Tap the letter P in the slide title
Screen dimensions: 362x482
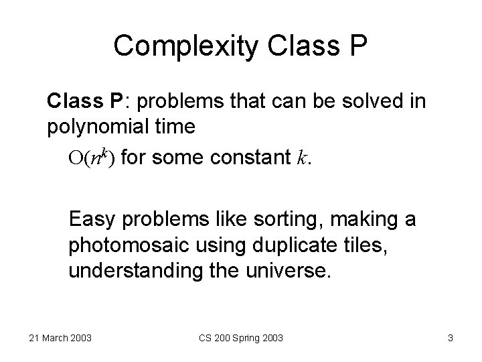[x=356, y=45]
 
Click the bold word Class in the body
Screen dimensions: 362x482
[x=72, y=102]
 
